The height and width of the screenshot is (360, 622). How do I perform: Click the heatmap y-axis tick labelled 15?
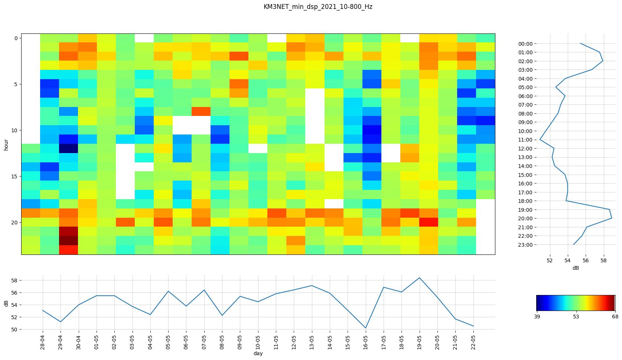[x=15, y=176]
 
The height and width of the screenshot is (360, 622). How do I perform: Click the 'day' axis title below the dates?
[x=258, y=354]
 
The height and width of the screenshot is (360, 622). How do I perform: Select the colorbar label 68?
[x=615, y=317]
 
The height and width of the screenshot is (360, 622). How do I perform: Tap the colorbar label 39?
[x=537, y=317]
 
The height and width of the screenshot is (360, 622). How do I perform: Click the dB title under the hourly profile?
[x=576, y=268]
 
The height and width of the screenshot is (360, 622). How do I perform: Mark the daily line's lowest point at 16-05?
[x=366, y=328]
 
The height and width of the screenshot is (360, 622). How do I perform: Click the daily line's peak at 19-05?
[x=420, y=278]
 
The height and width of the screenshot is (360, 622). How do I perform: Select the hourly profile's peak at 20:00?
[x=612, y=218]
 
